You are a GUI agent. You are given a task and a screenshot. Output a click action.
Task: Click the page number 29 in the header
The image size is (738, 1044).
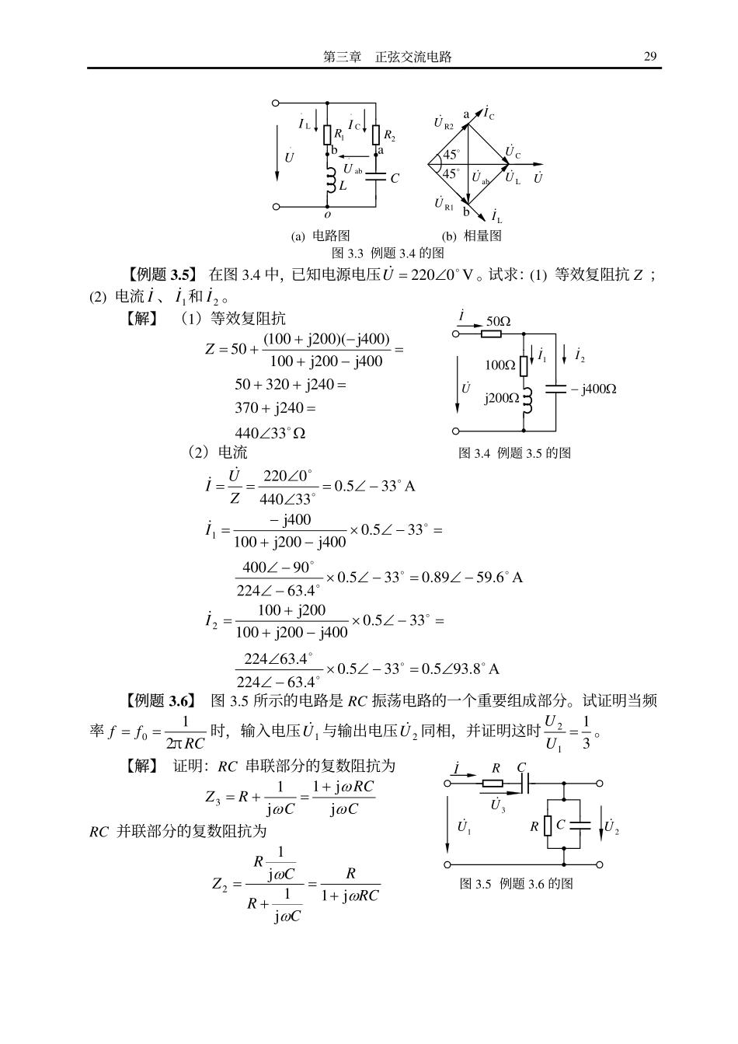point(650,57)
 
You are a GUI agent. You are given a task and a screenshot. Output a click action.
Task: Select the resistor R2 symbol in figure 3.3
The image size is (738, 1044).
point(375,135)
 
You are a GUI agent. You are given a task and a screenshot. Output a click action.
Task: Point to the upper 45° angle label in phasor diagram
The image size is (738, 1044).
point(451,155)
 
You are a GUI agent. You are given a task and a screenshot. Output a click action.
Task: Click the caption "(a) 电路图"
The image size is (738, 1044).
point(320,236)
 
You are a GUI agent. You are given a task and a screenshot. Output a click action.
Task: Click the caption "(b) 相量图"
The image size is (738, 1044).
point(472,236)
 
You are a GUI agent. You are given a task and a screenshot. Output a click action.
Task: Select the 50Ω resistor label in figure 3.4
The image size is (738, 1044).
point(498,321)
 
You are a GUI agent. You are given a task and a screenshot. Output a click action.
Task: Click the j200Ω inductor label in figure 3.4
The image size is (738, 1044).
point(501,398)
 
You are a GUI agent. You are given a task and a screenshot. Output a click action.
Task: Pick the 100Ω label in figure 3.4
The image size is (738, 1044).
point(500,365)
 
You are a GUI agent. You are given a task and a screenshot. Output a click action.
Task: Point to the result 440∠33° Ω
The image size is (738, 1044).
point(270,433)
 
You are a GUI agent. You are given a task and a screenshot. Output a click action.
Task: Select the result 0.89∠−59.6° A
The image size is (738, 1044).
point(472,577)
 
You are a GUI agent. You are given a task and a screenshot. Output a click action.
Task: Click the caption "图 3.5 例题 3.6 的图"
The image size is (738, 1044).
point(517,884)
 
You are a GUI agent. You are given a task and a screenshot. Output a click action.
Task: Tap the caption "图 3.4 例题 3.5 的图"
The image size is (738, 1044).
point(514,453)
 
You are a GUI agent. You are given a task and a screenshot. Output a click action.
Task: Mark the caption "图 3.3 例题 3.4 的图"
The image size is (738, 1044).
point(388,253)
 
